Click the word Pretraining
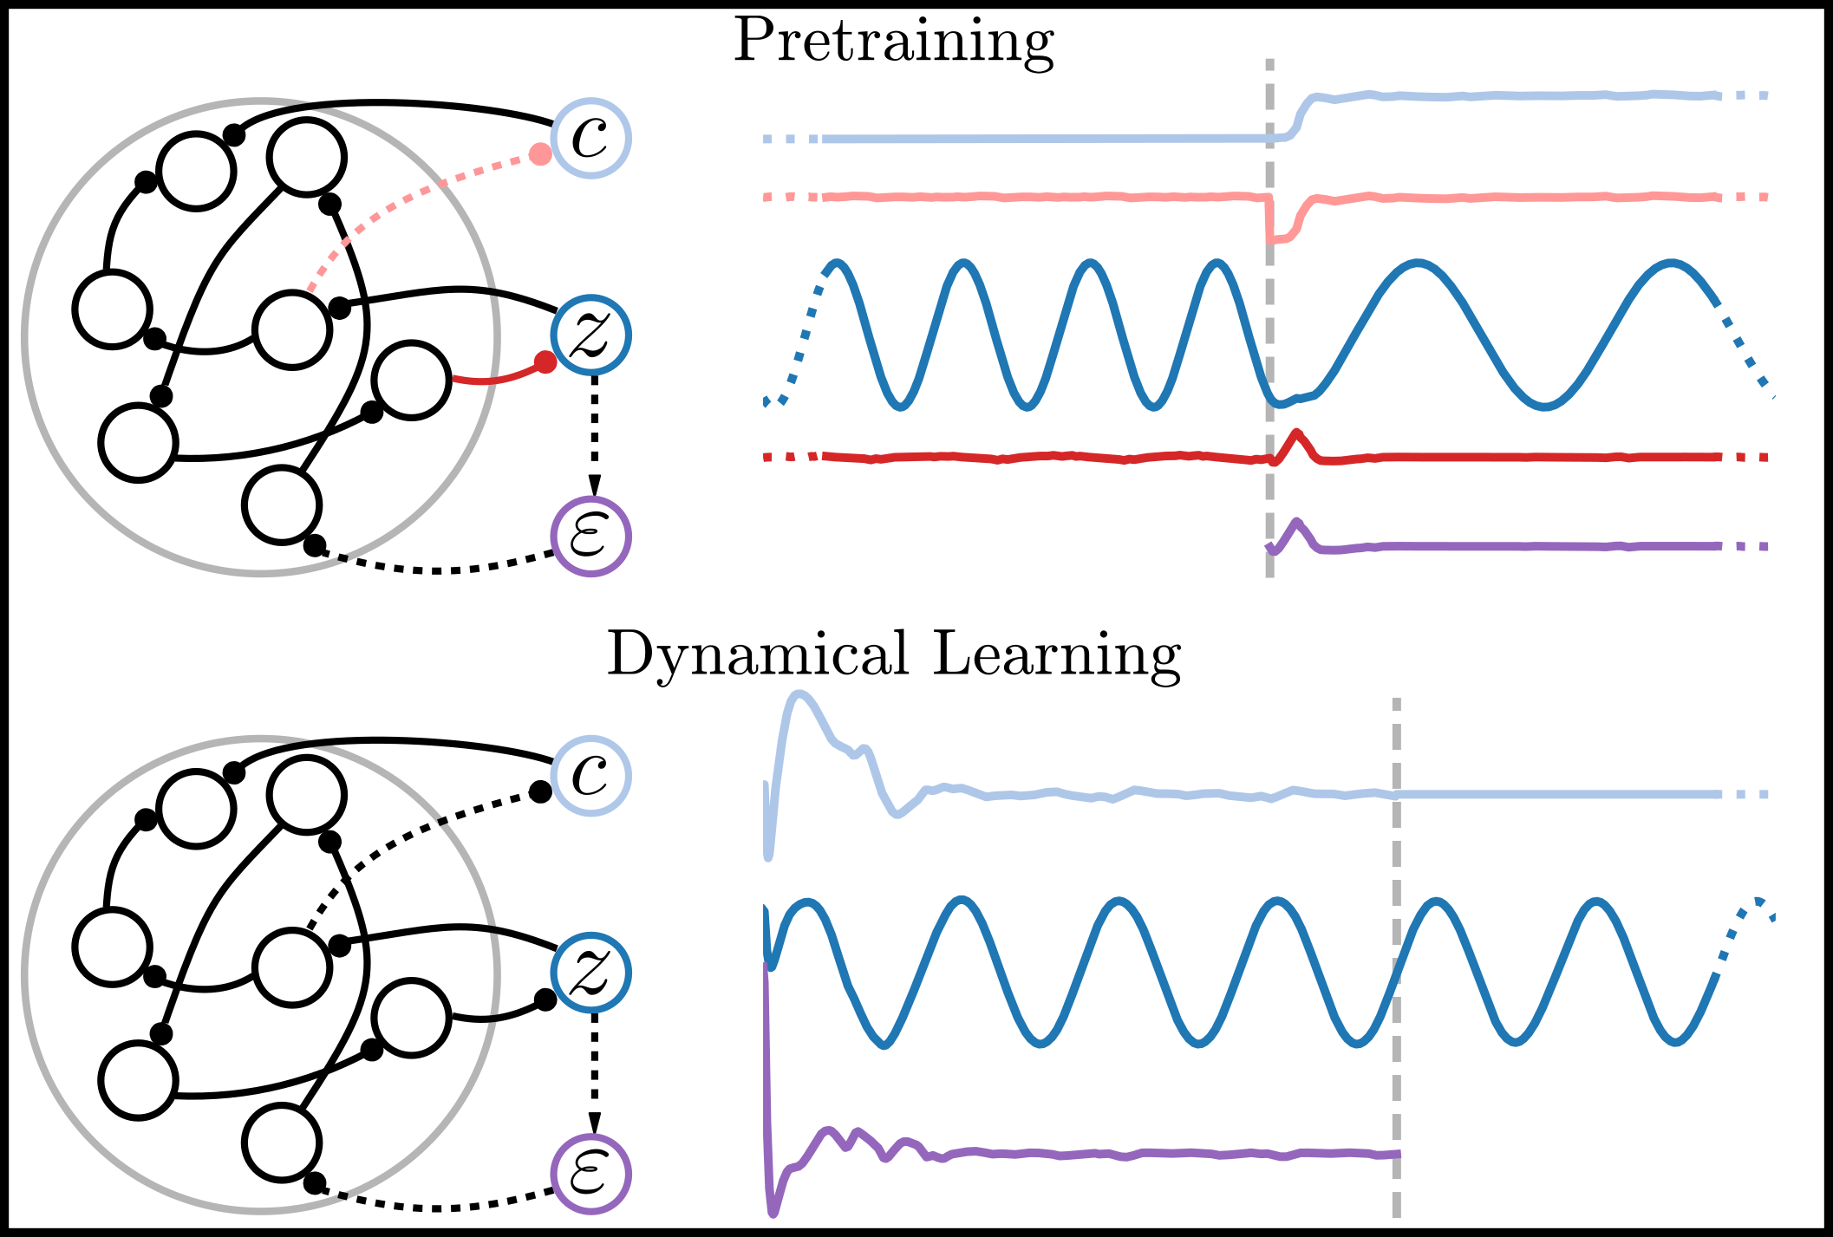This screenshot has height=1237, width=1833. tap(893, 42)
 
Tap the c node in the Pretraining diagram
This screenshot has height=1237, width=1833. tap(590, 138)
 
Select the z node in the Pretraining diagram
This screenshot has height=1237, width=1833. tap(590, 335)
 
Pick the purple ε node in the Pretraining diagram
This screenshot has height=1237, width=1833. tap(590, 537)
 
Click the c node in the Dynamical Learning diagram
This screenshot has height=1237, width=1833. tap(590, 775)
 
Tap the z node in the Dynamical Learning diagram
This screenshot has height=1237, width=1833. tap(590, 973)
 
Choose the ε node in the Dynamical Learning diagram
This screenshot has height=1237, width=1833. tap(590, 1174)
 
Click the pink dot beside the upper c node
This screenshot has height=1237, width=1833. tap(540, 155)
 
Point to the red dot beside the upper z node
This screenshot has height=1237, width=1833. tap(545, 362)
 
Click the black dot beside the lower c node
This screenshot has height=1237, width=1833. tap(540, 791)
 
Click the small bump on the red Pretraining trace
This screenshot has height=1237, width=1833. tap(1296, 436)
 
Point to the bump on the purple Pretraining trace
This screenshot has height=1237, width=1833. tap(1296, 524)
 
